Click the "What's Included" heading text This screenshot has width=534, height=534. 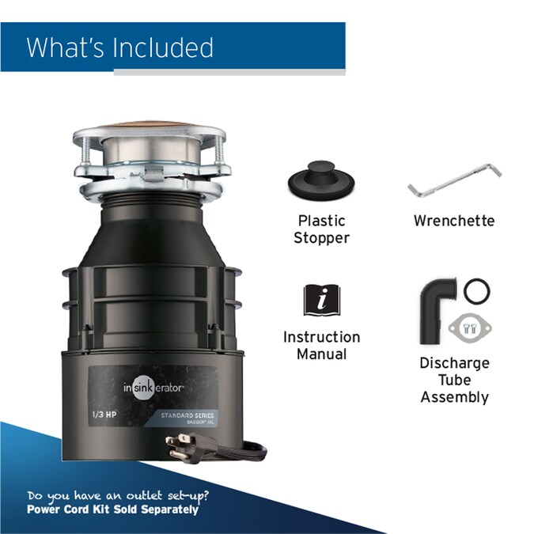click(x=119, y=47)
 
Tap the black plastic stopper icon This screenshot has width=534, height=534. click(x=321, y=182)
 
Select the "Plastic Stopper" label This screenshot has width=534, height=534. click(x=321, y=229)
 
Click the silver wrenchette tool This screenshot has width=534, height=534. click(x=455, y=180)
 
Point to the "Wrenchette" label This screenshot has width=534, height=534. click(x=454, y=221)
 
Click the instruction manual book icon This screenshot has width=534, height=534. click(x=321, y=301)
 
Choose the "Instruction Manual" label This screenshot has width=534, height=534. click(x=321, y=346)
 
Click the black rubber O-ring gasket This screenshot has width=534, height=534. click(x=476, y=290)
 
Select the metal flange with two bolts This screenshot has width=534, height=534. click(x=469, y=325)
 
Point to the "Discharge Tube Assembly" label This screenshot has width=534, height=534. click(x=454, y=380)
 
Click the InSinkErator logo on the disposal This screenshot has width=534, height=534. click(x=152, y=388)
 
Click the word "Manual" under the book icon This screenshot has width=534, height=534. click(x=321, y=354)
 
